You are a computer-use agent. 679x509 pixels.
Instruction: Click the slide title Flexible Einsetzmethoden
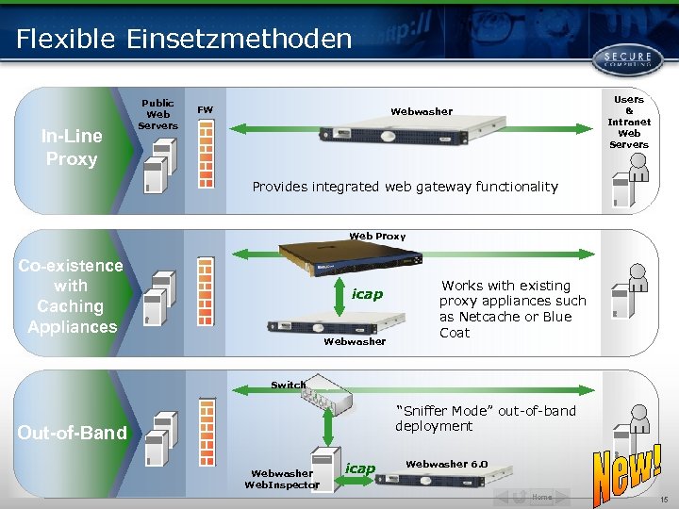click(184, 39)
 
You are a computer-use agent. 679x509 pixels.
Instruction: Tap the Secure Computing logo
click(621, 57)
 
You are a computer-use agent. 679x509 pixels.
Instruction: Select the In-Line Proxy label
click(72, 147)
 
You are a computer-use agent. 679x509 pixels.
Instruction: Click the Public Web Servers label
click(157, 114)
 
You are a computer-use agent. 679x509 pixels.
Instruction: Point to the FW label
click(205, 110)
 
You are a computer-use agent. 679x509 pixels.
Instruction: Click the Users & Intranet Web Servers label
click(628, 122)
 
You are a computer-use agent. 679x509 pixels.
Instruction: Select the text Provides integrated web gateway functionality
click(405, 187)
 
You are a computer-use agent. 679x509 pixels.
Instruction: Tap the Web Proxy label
click(377, 236)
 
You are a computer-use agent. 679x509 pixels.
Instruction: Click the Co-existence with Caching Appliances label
click(71, 296)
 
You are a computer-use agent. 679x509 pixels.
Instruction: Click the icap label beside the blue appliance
click(367, 294)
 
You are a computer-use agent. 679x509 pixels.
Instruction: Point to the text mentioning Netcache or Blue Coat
click(512, 308)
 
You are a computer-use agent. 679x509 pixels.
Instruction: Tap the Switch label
click(288, 385)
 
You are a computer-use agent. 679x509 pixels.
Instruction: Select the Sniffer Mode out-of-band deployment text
click(485, 418)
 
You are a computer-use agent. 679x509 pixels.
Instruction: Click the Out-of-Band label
click(72, 433)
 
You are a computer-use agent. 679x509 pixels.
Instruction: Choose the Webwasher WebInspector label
click(281, 479)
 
